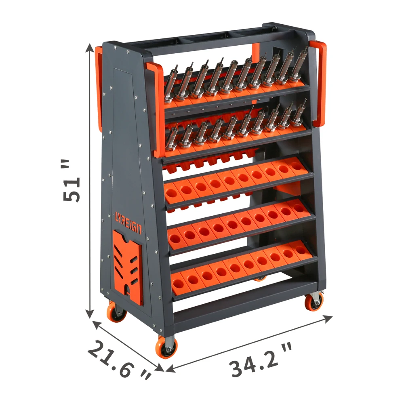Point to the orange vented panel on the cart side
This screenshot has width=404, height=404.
[128, 267]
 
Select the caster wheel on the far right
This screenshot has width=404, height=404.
[314, 301]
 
